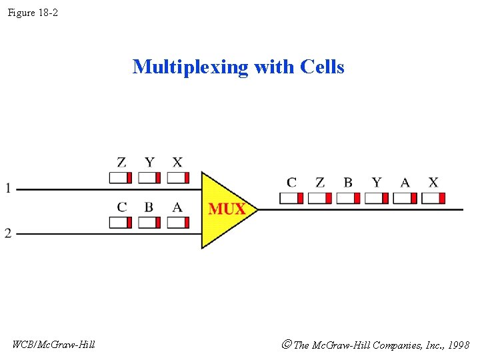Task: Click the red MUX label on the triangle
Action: (227, 209)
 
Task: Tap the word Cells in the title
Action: (322, 67)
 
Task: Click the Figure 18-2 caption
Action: (33, 13)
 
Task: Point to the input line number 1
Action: (8, 189)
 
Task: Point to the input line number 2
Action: (8, 233)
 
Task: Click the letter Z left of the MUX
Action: (121, 162)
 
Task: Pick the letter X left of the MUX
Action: (177, 162)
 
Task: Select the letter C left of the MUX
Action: (121, 207)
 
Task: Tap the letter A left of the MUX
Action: (177, 207)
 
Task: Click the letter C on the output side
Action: (291, 182)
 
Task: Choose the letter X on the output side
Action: (433, 182)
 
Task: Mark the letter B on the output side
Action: (348, 182)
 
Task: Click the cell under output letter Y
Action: (377, 198)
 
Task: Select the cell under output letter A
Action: (405, 198)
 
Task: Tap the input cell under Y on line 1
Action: (149, 177)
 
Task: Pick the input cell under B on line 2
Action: (149, 222)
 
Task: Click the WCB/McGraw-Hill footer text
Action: (54, 345)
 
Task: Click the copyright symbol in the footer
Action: (286, 345)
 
